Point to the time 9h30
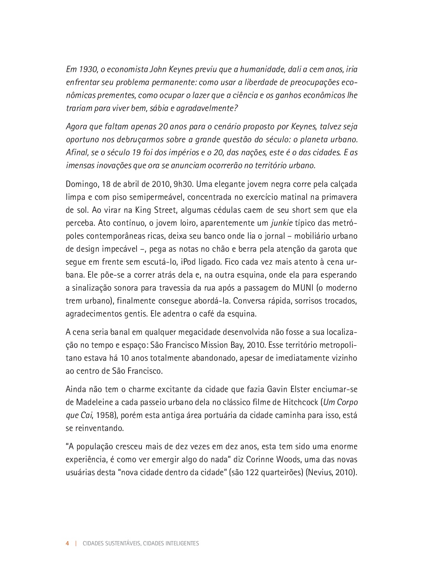click(185, 184)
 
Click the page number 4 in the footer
click(68, 543)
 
